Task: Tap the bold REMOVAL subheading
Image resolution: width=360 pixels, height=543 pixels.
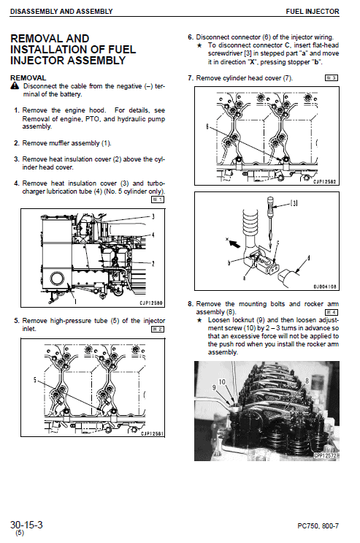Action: click(28, 77)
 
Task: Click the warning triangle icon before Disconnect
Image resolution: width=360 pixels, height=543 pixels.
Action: click(15, 86)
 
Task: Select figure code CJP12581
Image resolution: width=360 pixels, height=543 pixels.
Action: click(150, 433)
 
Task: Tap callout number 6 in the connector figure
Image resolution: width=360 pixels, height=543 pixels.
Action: click(208, 126)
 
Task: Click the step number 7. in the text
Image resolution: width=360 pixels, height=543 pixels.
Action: click(191, 77)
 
